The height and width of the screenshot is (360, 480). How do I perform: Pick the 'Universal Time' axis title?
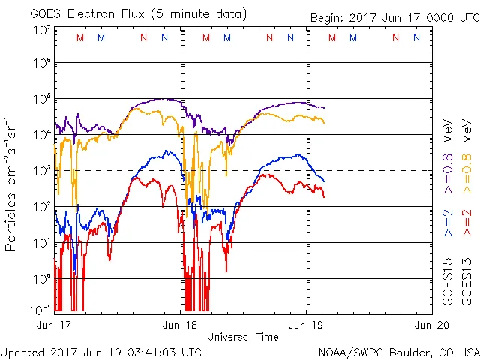(243, 337)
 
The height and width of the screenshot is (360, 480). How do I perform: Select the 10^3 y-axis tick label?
(41, 171)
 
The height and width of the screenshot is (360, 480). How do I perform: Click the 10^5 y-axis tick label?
(41, 100)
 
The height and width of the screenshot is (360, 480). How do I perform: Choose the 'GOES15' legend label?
(448, 282)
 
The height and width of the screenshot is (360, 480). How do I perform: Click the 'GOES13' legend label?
(466, 282)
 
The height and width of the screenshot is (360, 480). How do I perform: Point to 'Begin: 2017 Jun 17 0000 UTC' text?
(394, 18)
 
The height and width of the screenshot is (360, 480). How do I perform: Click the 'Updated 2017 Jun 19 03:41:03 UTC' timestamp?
(101, 351)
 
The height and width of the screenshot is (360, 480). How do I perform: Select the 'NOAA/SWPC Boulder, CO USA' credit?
(398, 351)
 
